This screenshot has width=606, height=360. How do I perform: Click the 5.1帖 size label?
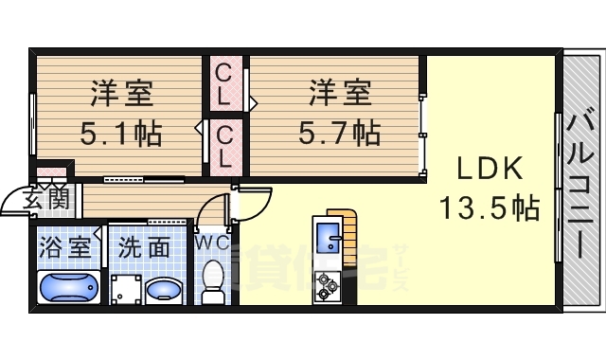coord(120,134)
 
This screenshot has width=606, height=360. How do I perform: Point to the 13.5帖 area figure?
coord(490,206)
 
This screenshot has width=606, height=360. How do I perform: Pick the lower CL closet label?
coord(224,146)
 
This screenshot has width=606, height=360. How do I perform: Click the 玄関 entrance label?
coord(45,198)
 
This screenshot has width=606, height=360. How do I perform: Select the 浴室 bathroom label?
coord(66,248)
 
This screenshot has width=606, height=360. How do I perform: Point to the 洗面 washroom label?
coord(144,248)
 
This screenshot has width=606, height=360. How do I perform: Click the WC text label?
coord(212,243)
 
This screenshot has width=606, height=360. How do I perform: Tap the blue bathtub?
coord(67,285)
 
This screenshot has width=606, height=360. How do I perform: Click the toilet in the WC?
coord(214,279)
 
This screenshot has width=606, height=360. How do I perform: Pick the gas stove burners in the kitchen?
coord(329,282)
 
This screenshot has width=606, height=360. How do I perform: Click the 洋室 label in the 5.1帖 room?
coord(121,96)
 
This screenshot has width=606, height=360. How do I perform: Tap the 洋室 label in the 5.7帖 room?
coord(339,96)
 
